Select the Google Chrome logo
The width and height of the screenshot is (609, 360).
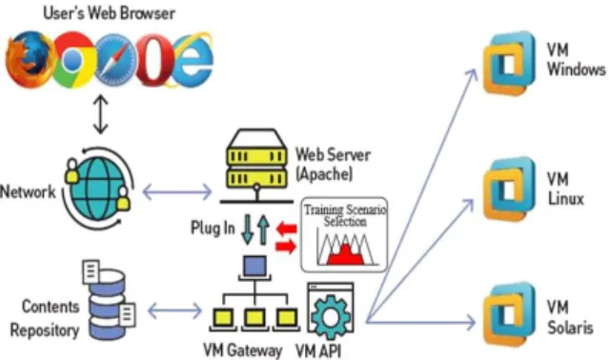tap(72, 59)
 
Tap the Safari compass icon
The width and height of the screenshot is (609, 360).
tap(115, 59)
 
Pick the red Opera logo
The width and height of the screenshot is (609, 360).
tap(154, 59)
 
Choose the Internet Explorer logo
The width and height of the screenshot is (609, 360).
tap(192, 59)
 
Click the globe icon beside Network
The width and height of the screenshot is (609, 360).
tap(98, 189)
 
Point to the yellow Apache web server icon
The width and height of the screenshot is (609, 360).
tap(256, 166)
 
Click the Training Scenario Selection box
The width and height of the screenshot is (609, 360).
tap(344, 234)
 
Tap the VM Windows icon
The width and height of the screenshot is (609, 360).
tap(509, 63)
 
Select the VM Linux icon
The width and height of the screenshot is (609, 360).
tap(509, 189)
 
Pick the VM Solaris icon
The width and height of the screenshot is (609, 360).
tap(509, 315)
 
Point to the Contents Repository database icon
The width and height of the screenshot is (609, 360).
tap(110, 299)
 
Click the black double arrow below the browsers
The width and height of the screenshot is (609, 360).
tap(101, 114)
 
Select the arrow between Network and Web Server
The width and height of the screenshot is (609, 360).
tap(177, 192)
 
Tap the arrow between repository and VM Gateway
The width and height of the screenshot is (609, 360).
tap(174, 310)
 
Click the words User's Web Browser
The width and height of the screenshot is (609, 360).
tap(110, 12)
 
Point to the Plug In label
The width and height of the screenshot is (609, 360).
tap(213, 228)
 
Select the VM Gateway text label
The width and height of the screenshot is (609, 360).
tap(243, 350)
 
